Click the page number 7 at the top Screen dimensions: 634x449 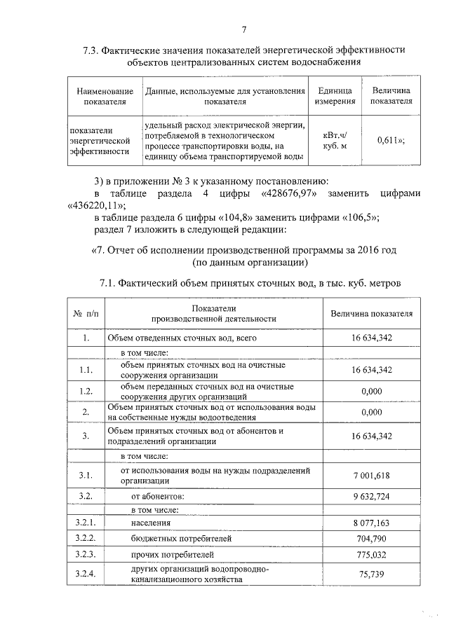(243, 29)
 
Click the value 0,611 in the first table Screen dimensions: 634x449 (389, 140)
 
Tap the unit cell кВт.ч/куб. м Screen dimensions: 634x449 (332, 140)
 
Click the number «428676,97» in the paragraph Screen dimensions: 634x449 (293, 192)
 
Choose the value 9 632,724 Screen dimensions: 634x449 (371, 497)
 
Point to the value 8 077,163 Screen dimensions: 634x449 (371, 523)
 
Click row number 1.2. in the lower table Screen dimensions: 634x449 (86, 391)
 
